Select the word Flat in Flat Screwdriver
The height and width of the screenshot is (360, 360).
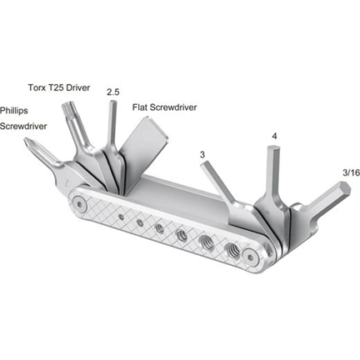(x=142, y=107)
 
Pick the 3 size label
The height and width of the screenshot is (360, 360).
(x=202, y=154)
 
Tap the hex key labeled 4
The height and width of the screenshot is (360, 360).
(x=275, y=171)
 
